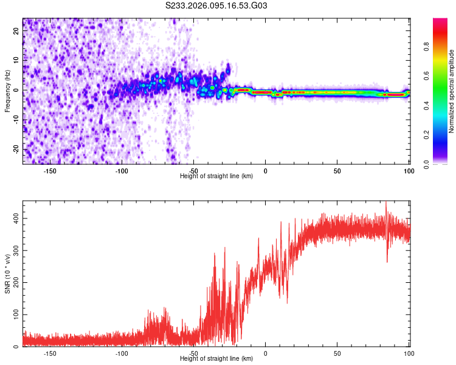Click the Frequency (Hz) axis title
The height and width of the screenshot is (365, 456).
pyautogui.click(x=7, y=91)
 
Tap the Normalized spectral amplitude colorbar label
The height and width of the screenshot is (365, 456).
pyautogui.click(x=451, y=91)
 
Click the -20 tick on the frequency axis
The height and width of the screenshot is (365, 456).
pyautogui.click(x=15, y=149)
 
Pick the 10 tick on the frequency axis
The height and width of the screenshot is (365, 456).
pyautogui.click(x=16, y=61)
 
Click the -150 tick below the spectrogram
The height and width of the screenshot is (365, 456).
pyautogui.click(x=50, y=171)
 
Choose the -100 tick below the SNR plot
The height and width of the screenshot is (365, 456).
pyautogui.click(x=122, y=353)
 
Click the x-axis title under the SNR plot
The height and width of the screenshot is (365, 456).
pyautogui.click(x=217, y=360)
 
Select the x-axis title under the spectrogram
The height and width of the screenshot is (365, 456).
pyautogui.click(x=217, y=176)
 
